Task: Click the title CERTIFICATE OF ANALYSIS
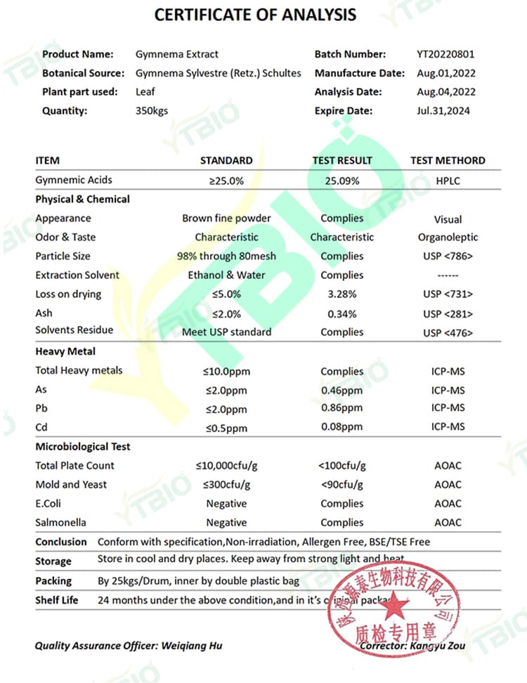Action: pyautogui.click(x=255, y=14)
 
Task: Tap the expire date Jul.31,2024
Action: pyautogui.click(x=443, y=110)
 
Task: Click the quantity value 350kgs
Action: pyautogui.click(x=152, y=110)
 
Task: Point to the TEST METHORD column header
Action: pyautogui.click(x=448, y=160)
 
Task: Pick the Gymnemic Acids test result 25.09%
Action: pyautogui.click(x=341, y=181)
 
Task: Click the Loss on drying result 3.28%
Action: pyautogui.click(x=341, y=294)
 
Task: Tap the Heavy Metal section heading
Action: pyautogui.click(x=65, y=351)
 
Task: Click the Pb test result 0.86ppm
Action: pyautogui.click(x=341, y=408)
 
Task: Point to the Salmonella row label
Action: pyautogui.click(x=60, y=523)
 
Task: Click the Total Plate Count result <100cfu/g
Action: pyautogui.click(x=341, y=466)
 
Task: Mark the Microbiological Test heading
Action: pyautogui.click(x=83, y=447)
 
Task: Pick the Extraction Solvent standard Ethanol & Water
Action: pyautogui.click(x=226, y=275)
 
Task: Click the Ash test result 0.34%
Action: pyautogui.click(x=341, y=313)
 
